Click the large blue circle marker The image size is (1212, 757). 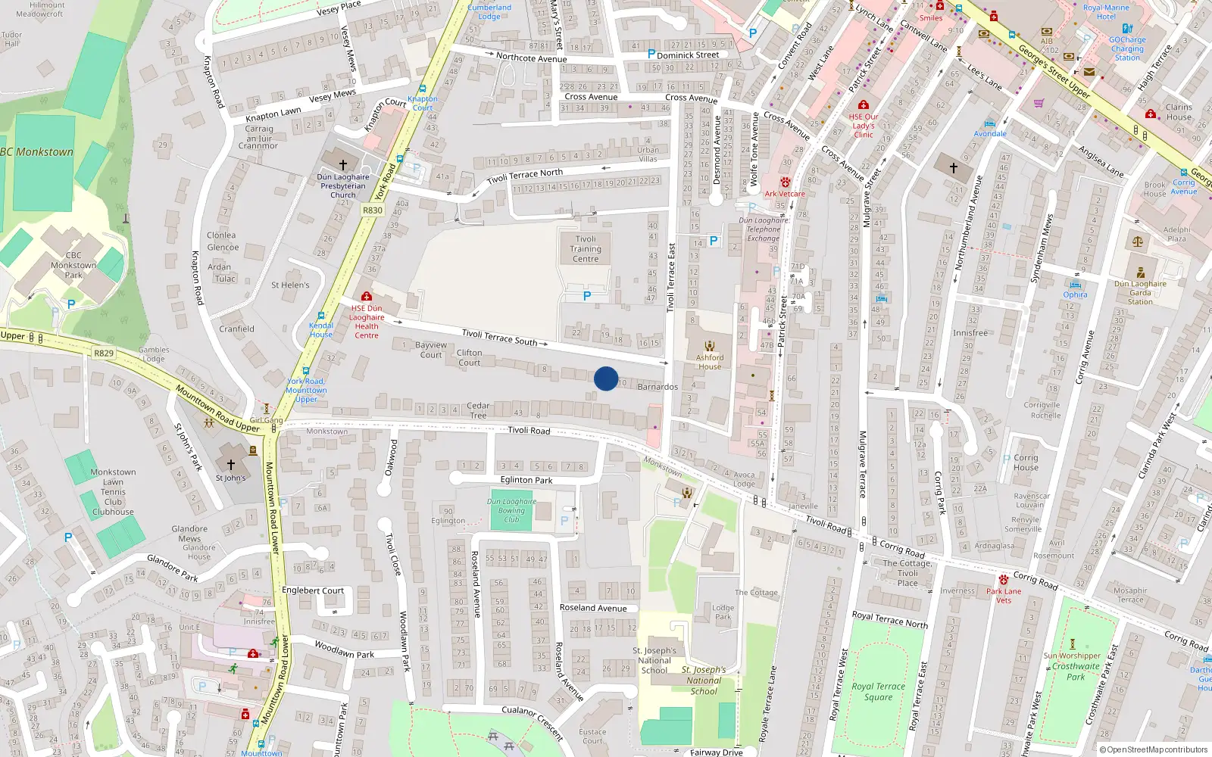[606, 378]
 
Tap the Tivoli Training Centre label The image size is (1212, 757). [586, 249]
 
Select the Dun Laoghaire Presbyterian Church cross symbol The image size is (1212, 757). [342, 164]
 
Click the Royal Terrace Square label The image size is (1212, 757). [879, 692]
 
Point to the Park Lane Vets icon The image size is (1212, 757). [1004, 580]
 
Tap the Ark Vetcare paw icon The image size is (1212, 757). [786, 182]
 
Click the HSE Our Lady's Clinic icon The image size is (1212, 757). [863, 104]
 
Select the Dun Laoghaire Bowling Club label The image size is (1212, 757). [511, 510]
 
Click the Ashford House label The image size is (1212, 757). [710, 362]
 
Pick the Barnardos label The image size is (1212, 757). [658, 387]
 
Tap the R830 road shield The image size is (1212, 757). [373, 210]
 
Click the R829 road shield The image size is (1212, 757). [104, 354]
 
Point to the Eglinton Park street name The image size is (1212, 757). [526, 480]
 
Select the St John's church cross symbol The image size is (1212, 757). [231, 464]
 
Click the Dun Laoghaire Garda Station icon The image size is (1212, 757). [1141, 273]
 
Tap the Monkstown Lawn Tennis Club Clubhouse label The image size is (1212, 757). [113, 492]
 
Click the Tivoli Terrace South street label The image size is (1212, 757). [500, 338]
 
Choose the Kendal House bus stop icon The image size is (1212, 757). [321, 316]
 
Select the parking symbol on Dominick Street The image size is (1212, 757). [651, 54]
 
